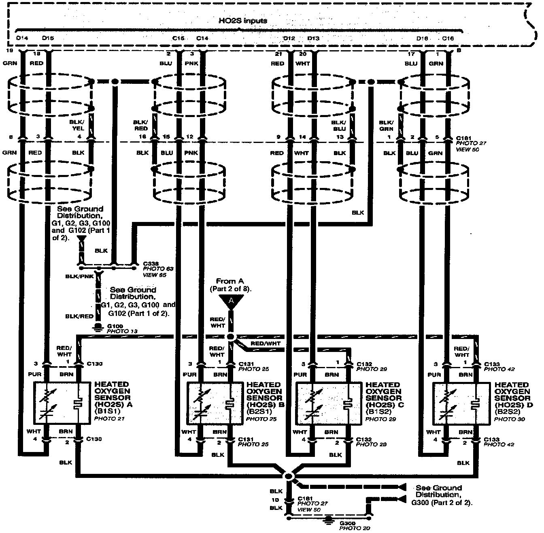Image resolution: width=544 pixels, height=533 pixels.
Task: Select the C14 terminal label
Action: pos(202,38)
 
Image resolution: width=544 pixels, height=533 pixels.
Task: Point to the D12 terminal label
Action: pos(289,38)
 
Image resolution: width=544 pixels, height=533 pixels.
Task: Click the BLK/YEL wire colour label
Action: pos(79,125)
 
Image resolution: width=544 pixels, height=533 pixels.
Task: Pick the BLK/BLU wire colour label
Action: pos(340,125)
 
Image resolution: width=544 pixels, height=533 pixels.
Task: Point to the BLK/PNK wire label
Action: pos(79,276)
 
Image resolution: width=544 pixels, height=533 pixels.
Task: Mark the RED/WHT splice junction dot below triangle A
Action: pos(231,337)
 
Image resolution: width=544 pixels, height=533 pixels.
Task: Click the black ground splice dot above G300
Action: pos(289,475)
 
